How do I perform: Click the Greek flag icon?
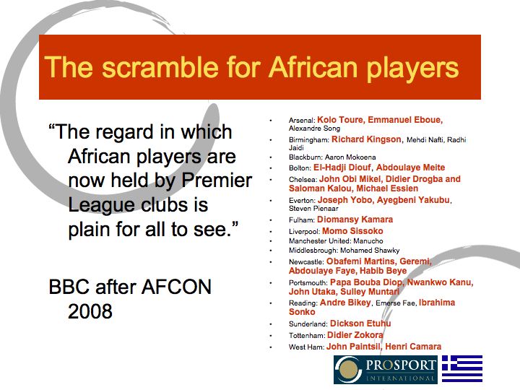coord(461,369)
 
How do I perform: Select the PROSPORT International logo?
coord(386,369)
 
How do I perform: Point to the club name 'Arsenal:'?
coord(302,120)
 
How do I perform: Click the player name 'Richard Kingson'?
coord(366,139)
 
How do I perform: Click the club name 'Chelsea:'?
coord(303,179)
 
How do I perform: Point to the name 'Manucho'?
coord(368,241)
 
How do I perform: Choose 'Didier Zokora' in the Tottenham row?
coord(355,336)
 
